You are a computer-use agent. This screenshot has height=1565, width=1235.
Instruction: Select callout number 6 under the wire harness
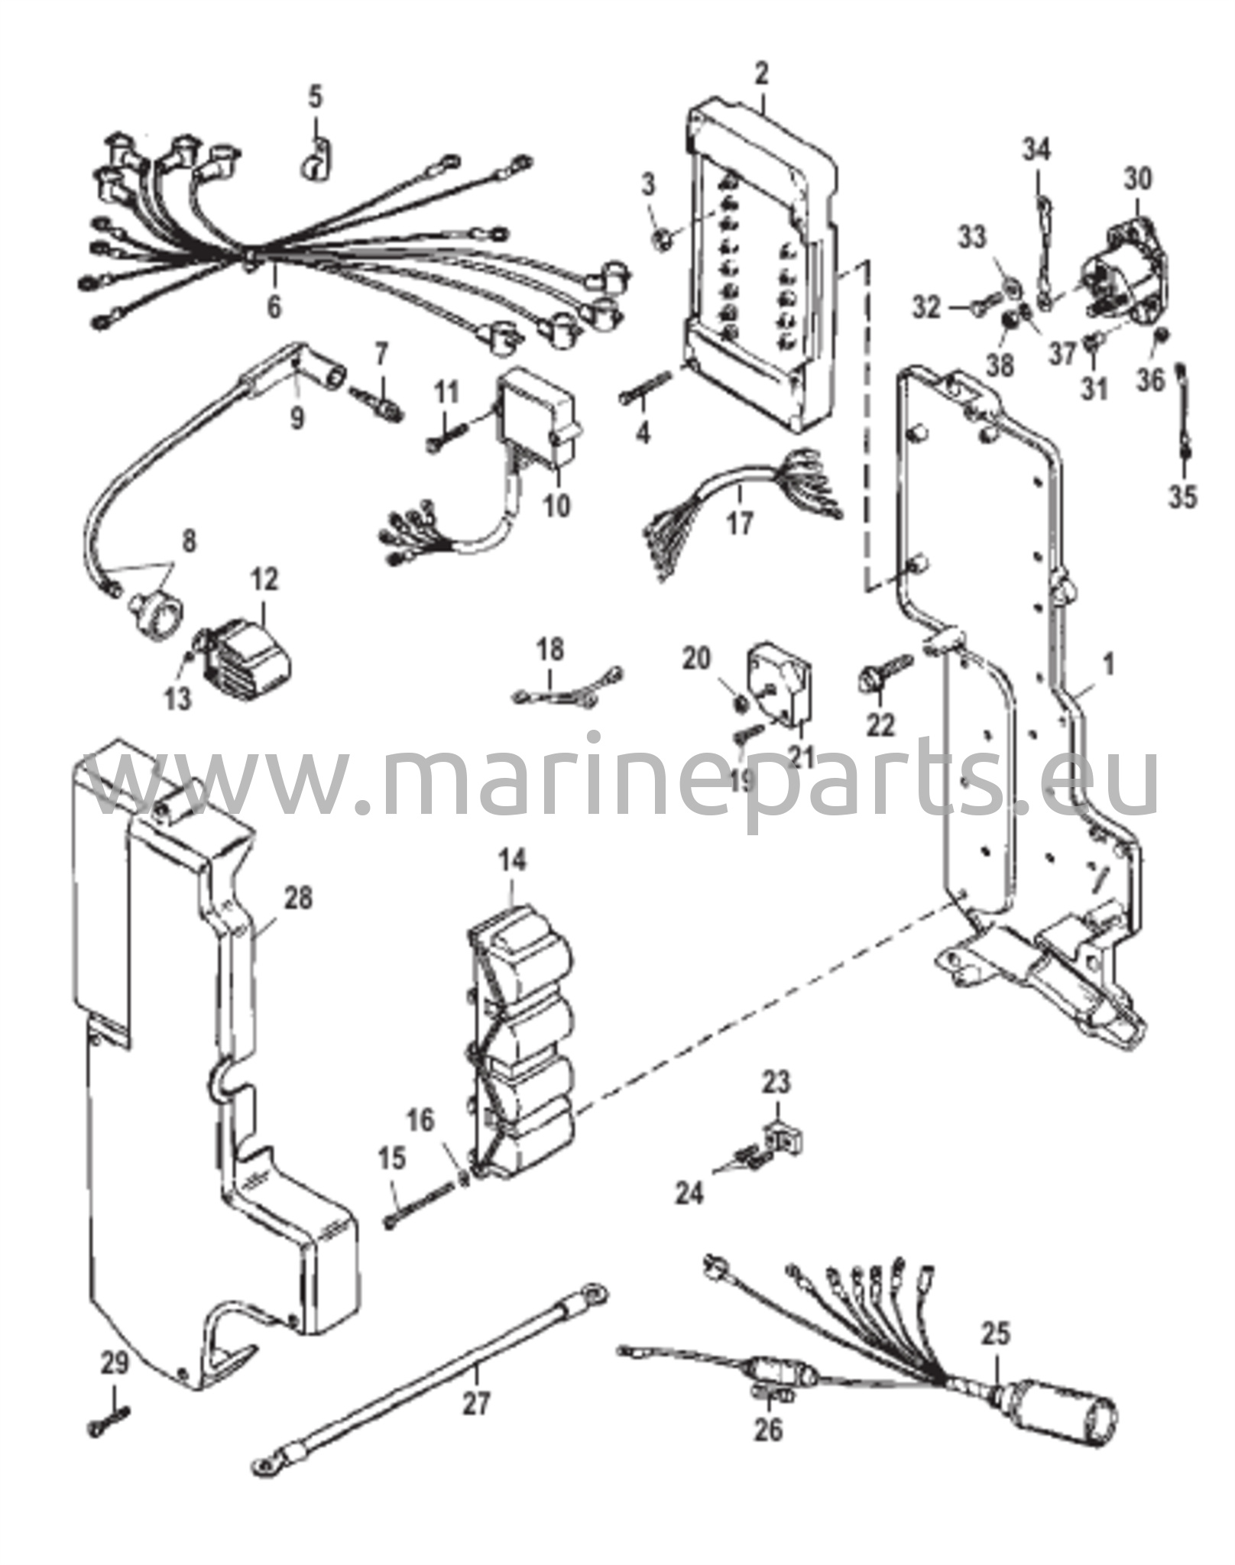pyautogui.click(x=273, y=307)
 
